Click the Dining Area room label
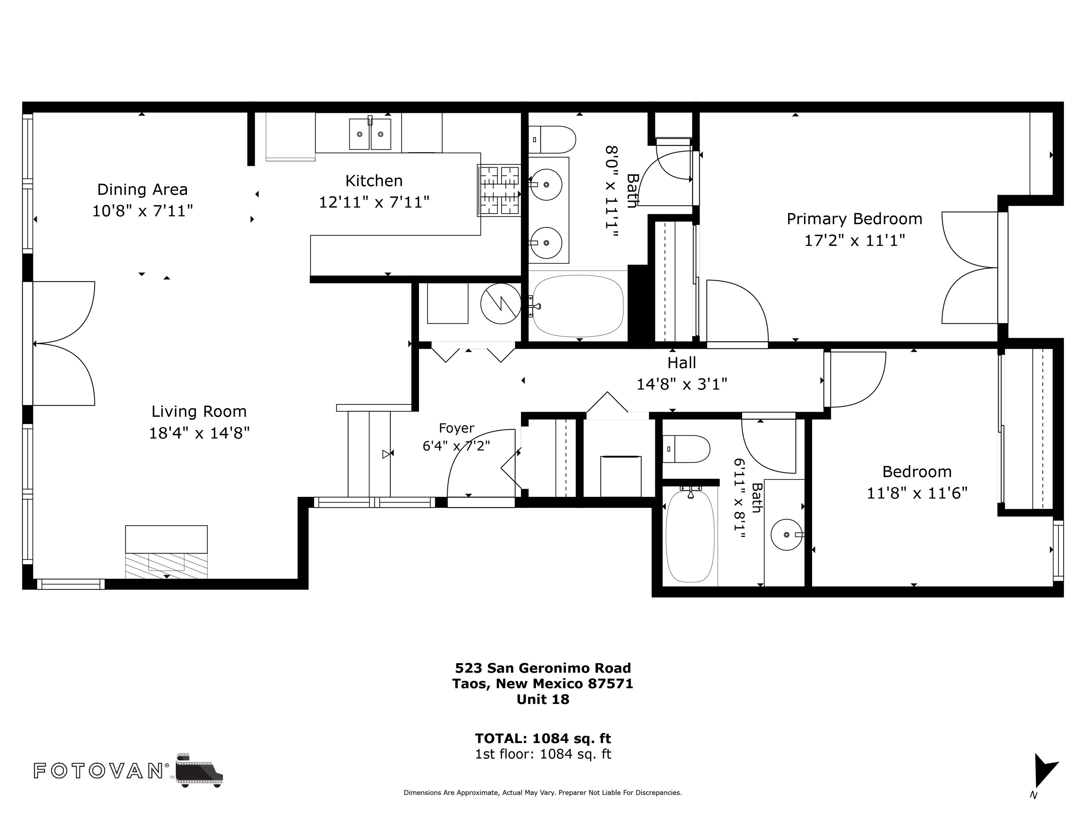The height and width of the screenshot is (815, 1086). [142, 190]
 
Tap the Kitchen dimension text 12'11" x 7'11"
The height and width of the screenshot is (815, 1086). [374, 202]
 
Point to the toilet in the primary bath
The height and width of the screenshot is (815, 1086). [552, 139]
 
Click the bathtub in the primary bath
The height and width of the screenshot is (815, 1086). [578, 305]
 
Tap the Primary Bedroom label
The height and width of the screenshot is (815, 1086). [854, 219]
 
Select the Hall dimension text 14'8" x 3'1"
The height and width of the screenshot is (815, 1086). [682, 384]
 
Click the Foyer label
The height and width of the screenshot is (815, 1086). [457, 428]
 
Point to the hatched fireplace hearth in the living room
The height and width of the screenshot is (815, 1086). [167, 565]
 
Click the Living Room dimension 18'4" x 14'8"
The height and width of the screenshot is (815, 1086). [199, 433]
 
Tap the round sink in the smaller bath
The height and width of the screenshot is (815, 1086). [787, 534]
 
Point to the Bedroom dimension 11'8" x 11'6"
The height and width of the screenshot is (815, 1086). [917, 493]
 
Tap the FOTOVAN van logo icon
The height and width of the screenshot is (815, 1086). [199, 770]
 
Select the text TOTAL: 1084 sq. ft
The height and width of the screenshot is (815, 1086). [543, 738]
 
